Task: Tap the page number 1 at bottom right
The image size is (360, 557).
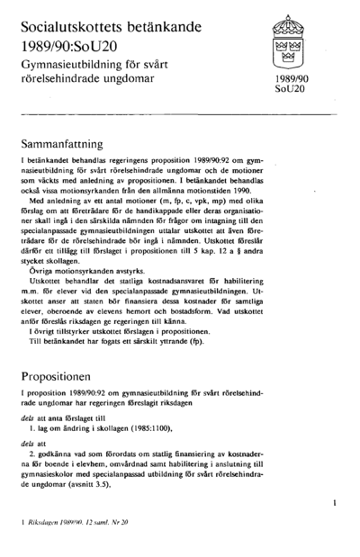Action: [335, 507]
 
